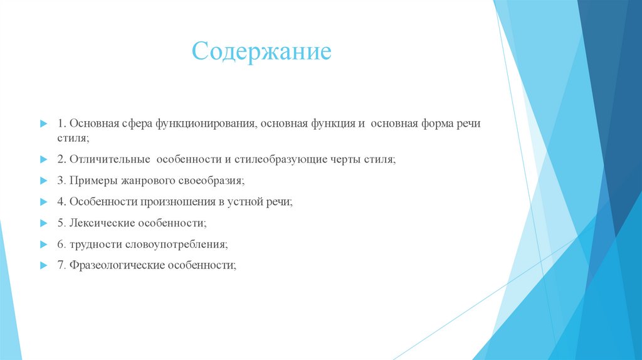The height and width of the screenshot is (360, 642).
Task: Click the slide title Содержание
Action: pos(261,51)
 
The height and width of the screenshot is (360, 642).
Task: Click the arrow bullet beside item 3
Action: pos(43,181)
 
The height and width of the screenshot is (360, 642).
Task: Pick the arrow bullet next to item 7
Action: pos(43,265)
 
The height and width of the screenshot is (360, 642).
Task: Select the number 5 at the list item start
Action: pos(60,223)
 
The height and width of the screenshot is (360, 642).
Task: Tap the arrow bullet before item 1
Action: pos(43,124)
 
